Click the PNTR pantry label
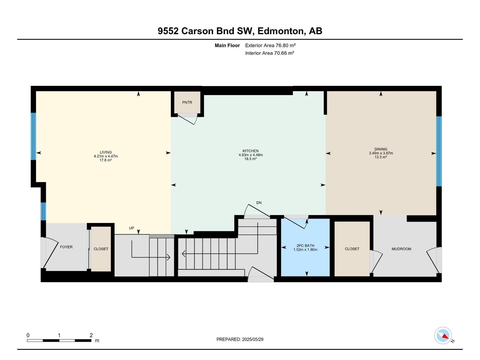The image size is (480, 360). coord(187,103)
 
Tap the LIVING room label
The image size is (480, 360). coord(106,152)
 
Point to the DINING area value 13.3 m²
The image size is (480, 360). coord(381,157)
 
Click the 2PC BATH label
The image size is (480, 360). coord(305,246)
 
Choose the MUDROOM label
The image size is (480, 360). coord(401,249)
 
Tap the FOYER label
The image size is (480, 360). coord(66,247)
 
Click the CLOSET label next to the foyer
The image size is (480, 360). coord(101,249)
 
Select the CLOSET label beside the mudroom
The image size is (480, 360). coord(352,249)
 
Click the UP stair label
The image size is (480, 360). coord(131,228)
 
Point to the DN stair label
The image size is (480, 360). coord(259,203)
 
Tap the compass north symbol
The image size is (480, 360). coord(443,335)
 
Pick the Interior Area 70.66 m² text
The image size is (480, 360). coord(269,53)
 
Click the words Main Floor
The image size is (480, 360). coord(227,46)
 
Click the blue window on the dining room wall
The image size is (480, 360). coord(439,151)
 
